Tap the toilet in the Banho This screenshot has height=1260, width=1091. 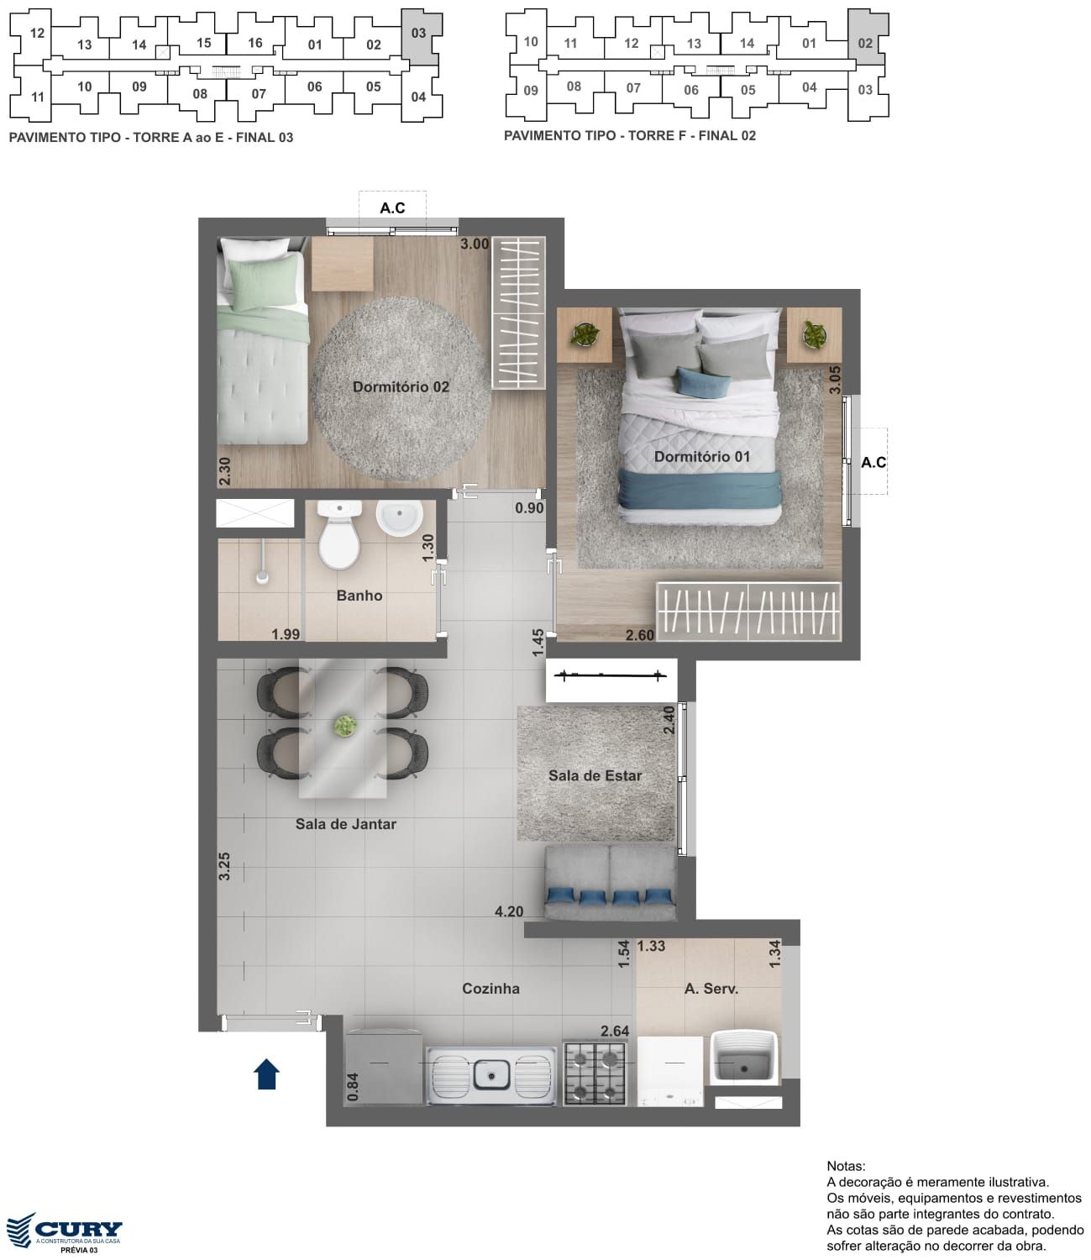tap(338, 534)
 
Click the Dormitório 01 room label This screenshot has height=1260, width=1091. tap(701, 457)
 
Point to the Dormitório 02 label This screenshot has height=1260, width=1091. tap(401, 386)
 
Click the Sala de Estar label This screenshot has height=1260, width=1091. tap(595, 775)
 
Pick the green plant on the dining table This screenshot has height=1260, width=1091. tap(345, 726)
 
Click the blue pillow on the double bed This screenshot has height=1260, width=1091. tap(704, 382)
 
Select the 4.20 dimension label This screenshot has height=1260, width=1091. tap(509, 911)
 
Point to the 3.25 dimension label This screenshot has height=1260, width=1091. tap(224, 865)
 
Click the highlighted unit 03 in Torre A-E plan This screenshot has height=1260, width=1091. tap(420, 37)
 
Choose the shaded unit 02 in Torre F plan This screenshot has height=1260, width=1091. tap(868, 37)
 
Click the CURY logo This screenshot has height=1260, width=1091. tap(64, 1230)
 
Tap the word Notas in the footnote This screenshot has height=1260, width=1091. tap(846, 1166)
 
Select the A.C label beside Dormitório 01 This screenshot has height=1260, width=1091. tap(873, 463)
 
